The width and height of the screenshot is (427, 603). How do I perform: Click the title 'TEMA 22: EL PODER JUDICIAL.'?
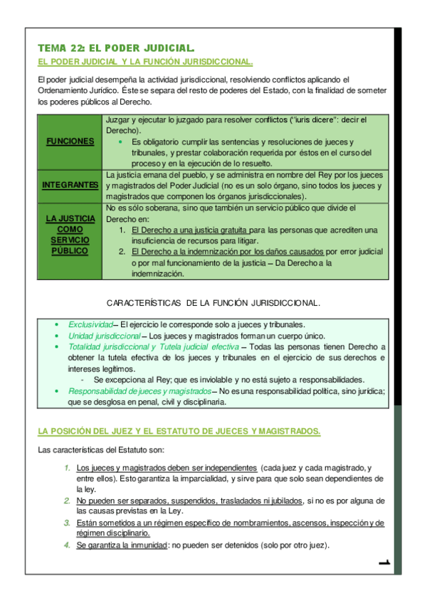tap(116, 48)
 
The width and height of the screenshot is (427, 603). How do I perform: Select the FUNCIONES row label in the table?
tap(70, 142)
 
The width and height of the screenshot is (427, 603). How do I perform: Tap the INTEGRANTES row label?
tap(70, 185)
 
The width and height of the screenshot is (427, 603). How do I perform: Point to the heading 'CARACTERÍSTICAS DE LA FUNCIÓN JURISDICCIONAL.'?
tap(213, 303)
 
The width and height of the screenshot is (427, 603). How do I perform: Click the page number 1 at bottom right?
tap(385, 563)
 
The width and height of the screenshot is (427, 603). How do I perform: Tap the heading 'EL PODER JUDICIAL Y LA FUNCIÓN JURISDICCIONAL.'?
tap(145, 62)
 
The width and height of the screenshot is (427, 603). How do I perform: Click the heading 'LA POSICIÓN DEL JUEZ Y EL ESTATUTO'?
tap(179, 431)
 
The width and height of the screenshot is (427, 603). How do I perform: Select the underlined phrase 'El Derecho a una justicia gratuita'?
tap(190, 230)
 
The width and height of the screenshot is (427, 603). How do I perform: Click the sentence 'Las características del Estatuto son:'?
tap(101, 450)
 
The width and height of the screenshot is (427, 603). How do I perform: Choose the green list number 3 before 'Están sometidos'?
tap(66, 523)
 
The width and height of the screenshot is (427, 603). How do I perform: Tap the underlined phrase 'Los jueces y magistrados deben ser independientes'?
tap(167, 468)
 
